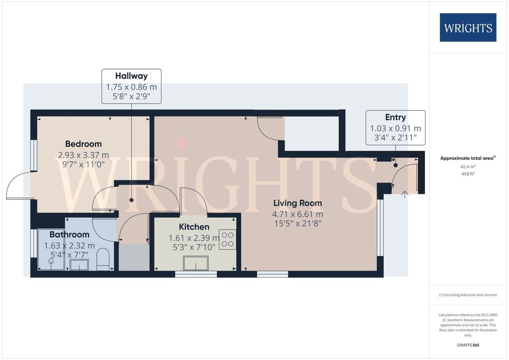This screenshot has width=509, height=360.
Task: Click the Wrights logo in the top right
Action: (468, 28)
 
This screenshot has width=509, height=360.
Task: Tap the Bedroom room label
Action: (83, 144)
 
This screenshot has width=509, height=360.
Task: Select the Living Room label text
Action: (297, 203)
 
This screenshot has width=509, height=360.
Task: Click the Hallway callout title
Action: (131, 76)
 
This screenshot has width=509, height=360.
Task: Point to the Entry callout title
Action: (395, 117)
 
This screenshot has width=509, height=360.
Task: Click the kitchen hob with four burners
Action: (227, 239)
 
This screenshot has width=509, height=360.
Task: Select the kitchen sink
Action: (196, 263)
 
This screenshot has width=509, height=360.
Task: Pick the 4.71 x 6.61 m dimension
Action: (297, 214)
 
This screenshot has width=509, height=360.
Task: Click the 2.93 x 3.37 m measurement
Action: (83, 155)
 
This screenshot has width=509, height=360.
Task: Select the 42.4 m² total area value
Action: (468, 167)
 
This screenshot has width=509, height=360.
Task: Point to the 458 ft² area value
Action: (468, 174)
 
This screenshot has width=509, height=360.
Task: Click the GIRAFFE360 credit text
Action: (468, 345)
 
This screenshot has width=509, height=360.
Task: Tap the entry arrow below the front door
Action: (405, 195)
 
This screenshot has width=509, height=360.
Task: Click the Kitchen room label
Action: (194, 227)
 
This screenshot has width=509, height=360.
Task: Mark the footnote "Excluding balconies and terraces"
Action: (468, 295)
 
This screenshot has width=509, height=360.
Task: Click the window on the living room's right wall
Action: (380, 228)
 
